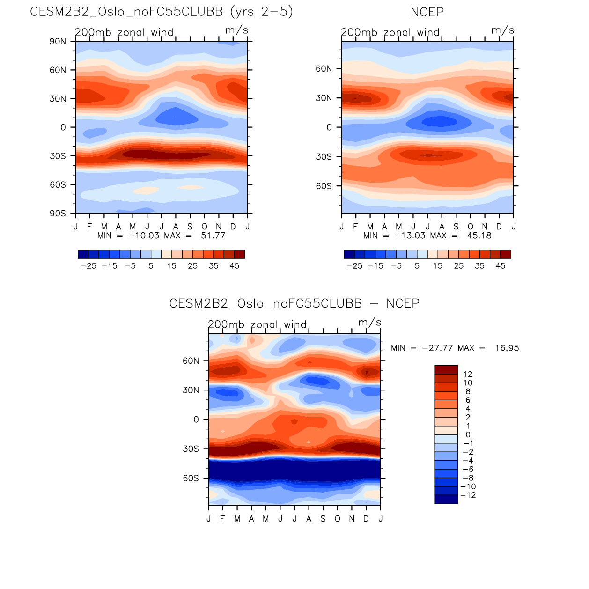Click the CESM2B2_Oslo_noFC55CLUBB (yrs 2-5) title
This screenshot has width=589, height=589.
(162, 12)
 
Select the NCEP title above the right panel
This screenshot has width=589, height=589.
(427, 12)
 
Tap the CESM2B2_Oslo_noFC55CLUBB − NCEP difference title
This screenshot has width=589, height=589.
(294, 304)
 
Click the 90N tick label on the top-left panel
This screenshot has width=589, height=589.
(58, 42)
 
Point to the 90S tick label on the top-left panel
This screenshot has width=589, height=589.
(58, 214)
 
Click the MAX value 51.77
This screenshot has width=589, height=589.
(213, 236)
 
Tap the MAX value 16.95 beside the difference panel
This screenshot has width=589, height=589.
(507, 348)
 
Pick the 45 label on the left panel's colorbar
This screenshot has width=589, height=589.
(235, 266)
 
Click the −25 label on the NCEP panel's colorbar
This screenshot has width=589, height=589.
(354, 266)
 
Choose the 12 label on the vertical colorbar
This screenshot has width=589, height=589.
(468, 374)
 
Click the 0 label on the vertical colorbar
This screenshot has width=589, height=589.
(468, 435)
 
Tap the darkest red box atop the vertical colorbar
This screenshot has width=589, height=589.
(446, 369)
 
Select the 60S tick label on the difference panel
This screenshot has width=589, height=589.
(191, 478)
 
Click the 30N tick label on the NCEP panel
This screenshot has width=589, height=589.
(324, 98)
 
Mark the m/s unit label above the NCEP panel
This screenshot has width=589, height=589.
(503, 30)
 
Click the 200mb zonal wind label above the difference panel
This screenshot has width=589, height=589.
(257, 324)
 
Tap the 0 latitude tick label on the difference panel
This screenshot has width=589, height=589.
(197, 420)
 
